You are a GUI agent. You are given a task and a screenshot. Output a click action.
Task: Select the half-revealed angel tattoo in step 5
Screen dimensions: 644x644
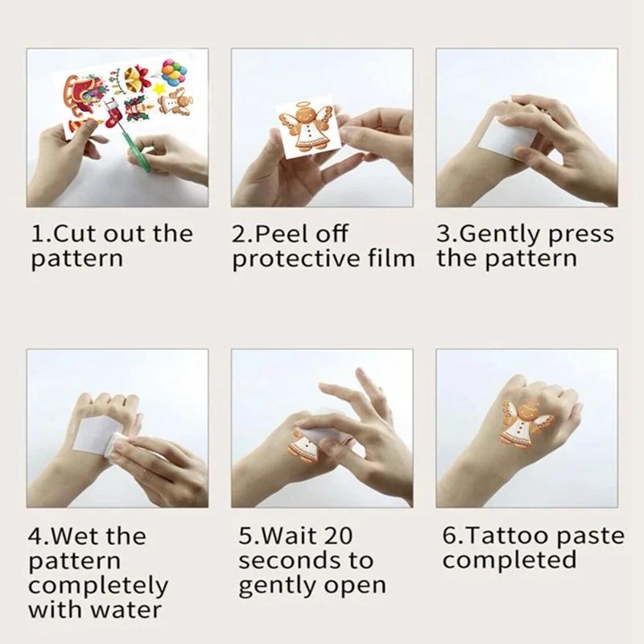(306, 447)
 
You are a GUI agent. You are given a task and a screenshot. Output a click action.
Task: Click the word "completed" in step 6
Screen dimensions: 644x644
(509, 560)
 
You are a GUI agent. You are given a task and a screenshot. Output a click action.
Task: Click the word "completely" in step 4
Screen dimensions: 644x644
(98, 585)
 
